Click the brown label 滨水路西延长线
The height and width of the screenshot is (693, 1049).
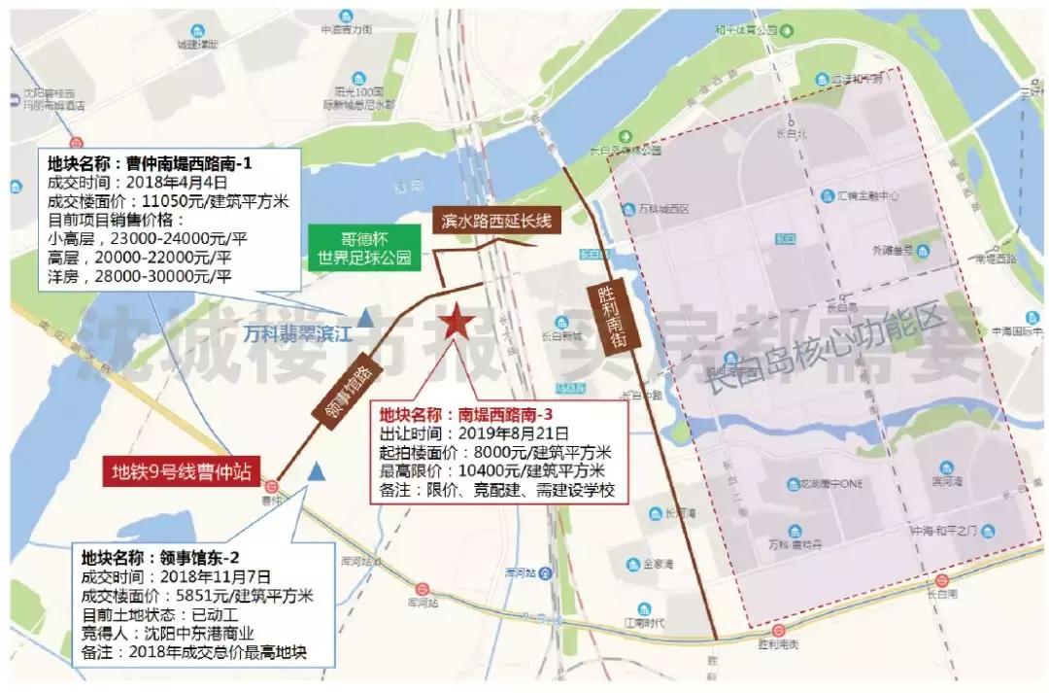pos(495,221)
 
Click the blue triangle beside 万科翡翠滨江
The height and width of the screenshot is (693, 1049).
pos(364,317)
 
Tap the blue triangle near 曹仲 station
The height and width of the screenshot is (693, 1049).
pos(316,471)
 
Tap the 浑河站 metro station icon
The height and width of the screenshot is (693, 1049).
pos(423,588)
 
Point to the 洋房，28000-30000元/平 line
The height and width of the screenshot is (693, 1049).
pos(140,276)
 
